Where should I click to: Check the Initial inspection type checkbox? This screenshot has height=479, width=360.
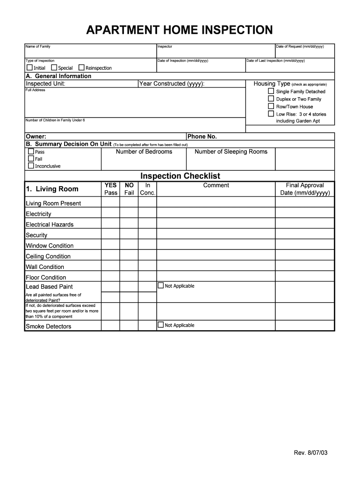pyautogui.click(x=30, y=68)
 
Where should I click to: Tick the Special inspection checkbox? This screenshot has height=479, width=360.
pyautogui.click(x=54, y=68)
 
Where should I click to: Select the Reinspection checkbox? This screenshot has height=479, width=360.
pyautogui.click(x=81, y=68)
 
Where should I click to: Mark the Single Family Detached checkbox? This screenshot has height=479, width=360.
pyautogui.click(x=271, y=91)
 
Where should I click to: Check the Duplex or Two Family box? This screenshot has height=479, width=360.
pyautogui.click(x=271, y=99)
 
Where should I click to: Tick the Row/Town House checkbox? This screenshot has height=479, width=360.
pyautogui.click(x=271, y=106)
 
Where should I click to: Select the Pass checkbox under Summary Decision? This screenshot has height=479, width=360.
pyautogui.click(x=31, y=152)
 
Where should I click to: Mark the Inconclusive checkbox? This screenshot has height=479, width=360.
pyautogui.click(x=31, y=166)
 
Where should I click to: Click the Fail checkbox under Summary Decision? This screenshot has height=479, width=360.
pyautogui.click(x=31, y=159)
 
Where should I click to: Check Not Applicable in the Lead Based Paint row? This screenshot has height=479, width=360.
pyautogui.click(x=161, y=286)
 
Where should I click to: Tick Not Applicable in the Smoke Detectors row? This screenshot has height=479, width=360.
pyautogui.click(x=161, y=325)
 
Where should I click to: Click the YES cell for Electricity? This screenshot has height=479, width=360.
pyautogui.click(x=110, y=214)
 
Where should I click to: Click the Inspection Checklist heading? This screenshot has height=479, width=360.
pyautogui.click(x=180, y=176)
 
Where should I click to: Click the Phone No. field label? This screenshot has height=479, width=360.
pyautogui.click(x=202, y=137)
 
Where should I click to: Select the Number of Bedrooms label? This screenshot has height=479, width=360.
pyautogui.click(x=144, y=152)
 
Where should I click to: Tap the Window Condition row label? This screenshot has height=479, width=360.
pyautogui.click(x=50, y=246)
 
